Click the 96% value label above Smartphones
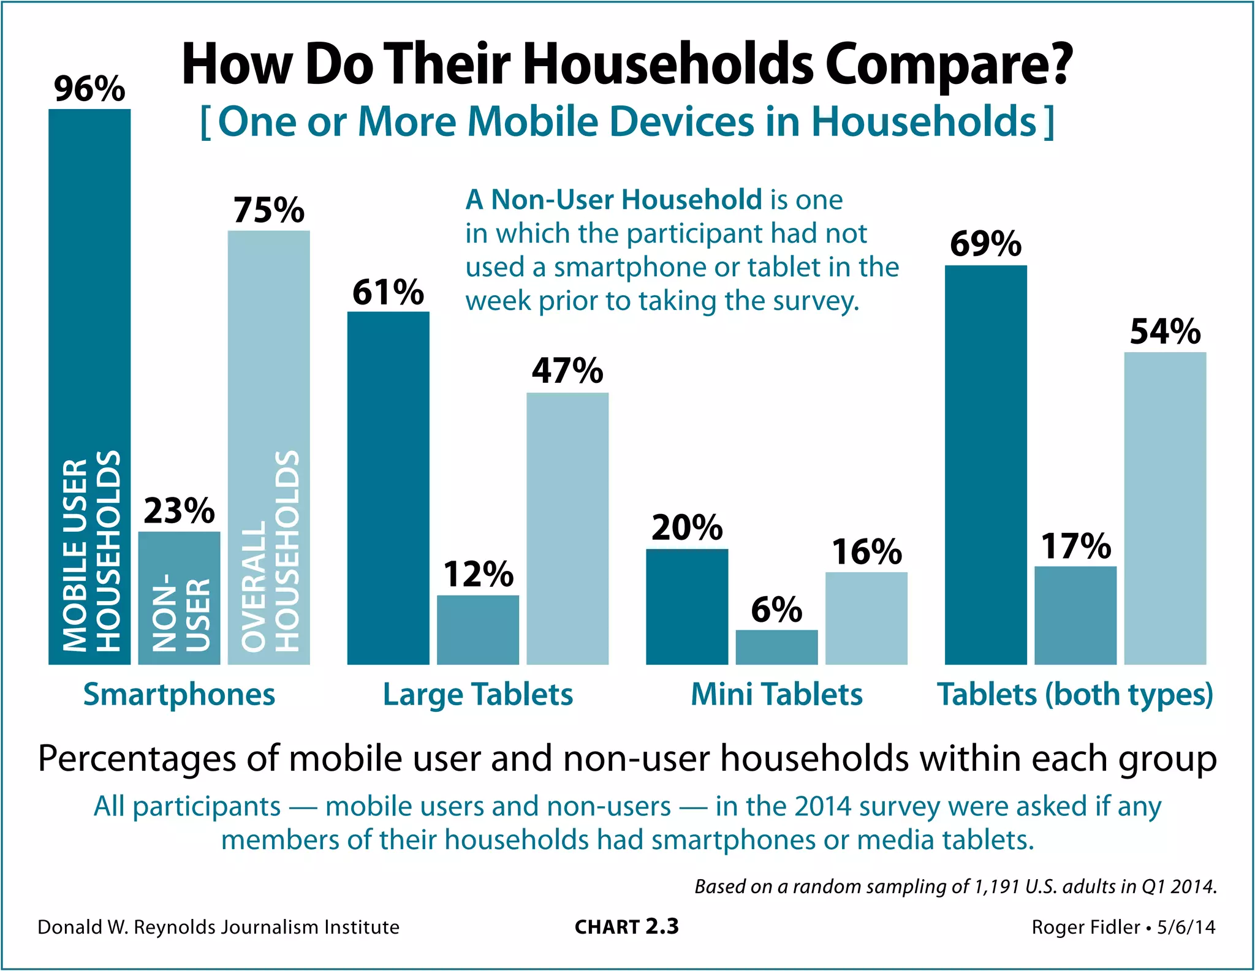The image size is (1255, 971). (89, 89)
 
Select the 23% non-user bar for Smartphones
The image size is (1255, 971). (179, 597)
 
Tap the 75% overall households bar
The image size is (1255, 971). (268, 447)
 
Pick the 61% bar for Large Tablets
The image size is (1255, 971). (388, 488)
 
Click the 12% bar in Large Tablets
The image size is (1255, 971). (477, 629)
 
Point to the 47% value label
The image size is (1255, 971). (567, 371)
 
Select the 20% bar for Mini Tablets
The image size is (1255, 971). (687, 606)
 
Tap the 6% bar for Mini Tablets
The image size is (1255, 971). (776, 647)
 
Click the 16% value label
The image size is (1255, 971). (866, 551)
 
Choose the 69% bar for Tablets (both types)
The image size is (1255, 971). (985, 464)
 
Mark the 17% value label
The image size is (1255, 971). (1075, 546)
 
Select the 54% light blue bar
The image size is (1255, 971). (1165, 508)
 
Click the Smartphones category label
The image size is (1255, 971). (179, 695)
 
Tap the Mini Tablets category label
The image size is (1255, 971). (776, 695)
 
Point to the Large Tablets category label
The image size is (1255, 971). (477, 695)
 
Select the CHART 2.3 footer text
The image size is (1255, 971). (626, 927)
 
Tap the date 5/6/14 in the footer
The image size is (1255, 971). (1186, 927)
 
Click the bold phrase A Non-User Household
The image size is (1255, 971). (613, 200)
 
